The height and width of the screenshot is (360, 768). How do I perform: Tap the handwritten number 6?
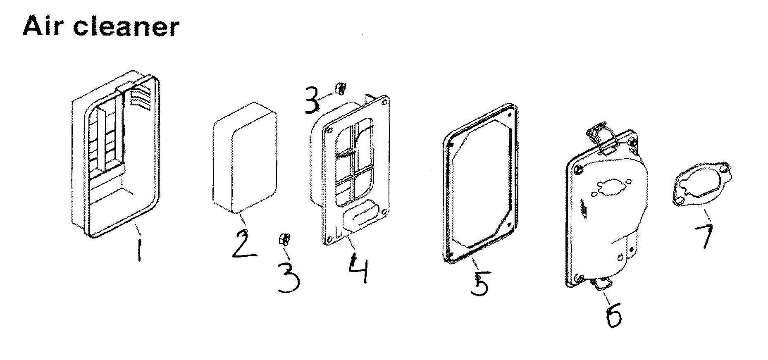[x=613, y=316]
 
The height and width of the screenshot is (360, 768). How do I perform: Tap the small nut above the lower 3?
[x=284, y=239]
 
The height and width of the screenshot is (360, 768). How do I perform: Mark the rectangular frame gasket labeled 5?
[x=479, y=182]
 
